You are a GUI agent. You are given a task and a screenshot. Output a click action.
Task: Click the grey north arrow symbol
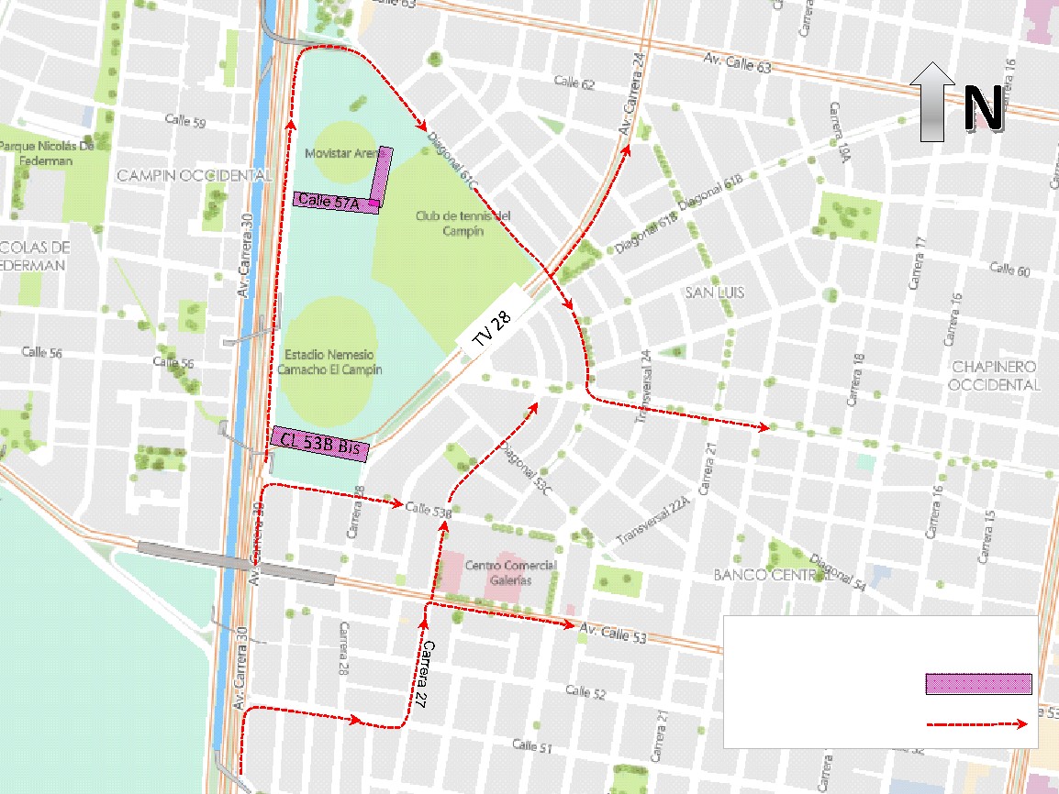click(x=933, y=102)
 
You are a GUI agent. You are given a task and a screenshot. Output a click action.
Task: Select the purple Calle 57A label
click(x=335, y=203)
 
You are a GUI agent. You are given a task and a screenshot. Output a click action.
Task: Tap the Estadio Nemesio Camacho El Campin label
click(x=332, y=361)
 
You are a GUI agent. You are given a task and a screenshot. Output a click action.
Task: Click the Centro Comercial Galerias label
click(x=510, y=572)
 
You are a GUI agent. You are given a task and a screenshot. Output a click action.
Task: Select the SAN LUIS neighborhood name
click(x=714, y=292)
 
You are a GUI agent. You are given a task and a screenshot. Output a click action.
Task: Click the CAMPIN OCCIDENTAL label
click(x=195, y=175)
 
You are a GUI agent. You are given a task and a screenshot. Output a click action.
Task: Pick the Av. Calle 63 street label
click(x=737, y=65)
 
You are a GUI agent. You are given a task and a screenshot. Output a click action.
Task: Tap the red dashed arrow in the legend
click(x=975, y=724)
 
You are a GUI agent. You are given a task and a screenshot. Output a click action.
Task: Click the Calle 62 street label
click(x=574, y=83)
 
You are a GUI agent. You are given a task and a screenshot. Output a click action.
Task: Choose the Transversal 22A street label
click(x=652, y=521)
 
